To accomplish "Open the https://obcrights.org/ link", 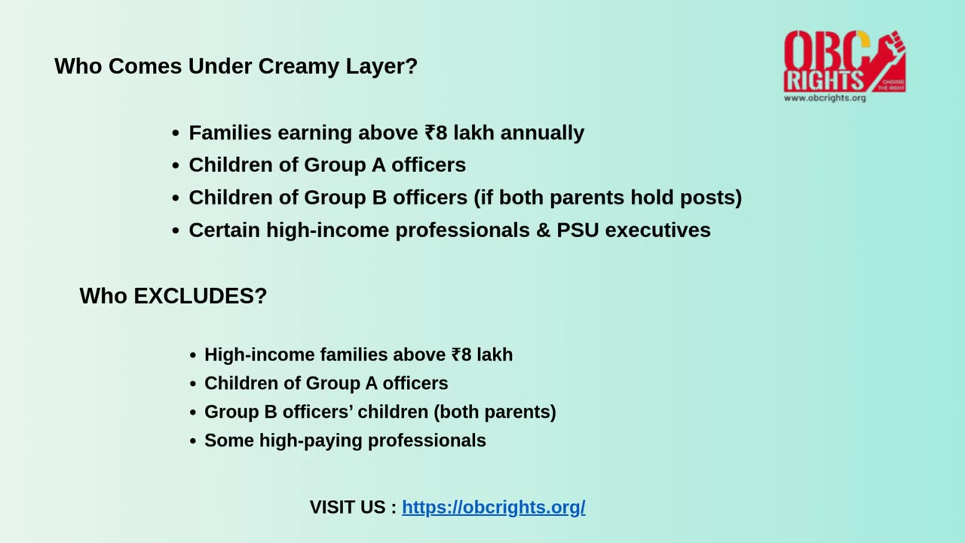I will pyautogui.click(x=493, y=508).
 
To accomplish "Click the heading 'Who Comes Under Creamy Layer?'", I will pyautogui.click(x=235, y=66).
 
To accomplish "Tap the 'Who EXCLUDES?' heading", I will pyautogui.click(x=173, y=296).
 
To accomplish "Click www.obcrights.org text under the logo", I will pyautogui.click(x=824, y=98).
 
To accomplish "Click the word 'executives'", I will pyautogui.click(x=657, y=230).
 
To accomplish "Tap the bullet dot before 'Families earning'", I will pyautogui.click(x=176, y=133).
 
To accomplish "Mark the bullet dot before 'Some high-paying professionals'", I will pyautogui.click(x=193, y=441).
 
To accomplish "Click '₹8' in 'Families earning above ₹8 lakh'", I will pyautogui.click(x=436, y=133).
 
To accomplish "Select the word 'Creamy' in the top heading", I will pyautogui.click(x=299, y=66).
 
